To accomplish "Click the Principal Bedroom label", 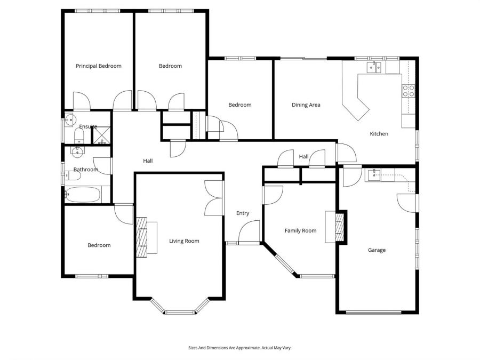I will pyautogui.click(x=98, y=66).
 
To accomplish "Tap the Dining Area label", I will pyautogui.click(x=306, y=105).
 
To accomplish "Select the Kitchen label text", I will pyautogui.click(x=379, y=134).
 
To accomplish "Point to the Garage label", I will pyautogui.click(x=377, y=250).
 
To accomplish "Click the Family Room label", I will pyautogui.click(x=300, y=231).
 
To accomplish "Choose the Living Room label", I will pyautogui.click(x=184, y=241).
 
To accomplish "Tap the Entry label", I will pyautogui.click(x=243, y=213).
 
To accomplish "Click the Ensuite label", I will pyautogui.click(x=88, y=126).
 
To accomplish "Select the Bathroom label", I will pyautogui.click(x=86, y=170).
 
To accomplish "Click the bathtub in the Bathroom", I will pyautogui.click(x=83, y=194).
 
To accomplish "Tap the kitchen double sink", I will pyautogui.click(x=374, y=67).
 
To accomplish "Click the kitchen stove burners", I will pyautogui.click(x=409, y=91).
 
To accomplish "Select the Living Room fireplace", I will pyautogui.click(x=142, y=237).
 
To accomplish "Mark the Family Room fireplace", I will pyautogui.click(x=340, y=227).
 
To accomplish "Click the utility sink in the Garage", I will pyautogui.click(x=375, y=175).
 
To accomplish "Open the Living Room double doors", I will pyautogui.click(x=213, y=198).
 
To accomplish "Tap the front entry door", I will pyautogui.click(x=249, y=233).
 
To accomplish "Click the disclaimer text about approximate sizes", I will pyautogui.click(x=239, y=348).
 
